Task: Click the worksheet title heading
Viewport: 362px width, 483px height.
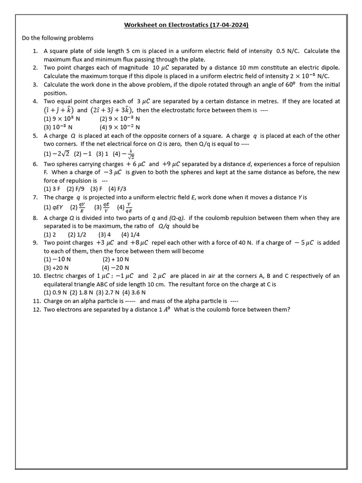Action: click(x=186, y=25)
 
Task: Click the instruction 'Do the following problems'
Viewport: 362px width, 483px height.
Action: click(x=58, y=38)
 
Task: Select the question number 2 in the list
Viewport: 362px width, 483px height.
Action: click(x=35, y=68)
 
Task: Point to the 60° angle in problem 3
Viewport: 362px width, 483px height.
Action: click(x=288, y=84)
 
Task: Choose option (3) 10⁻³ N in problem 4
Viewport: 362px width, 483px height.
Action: click(x=58, y=127)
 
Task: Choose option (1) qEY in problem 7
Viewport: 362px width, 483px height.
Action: click(x=54, y=207)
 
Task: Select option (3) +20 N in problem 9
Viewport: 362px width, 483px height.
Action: click(x=57, y=267)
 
